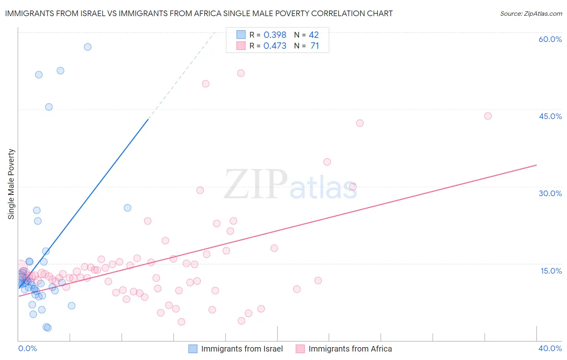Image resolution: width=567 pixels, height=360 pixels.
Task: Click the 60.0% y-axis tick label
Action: click(550, 39)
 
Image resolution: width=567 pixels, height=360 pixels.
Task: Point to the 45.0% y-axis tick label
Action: click(550, 116)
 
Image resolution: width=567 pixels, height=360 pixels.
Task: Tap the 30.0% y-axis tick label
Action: click(550, 193)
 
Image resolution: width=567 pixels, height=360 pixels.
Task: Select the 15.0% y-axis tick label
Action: click(551, 271)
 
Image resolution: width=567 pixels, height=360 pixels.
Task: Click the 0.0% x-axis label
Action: click(27, 348)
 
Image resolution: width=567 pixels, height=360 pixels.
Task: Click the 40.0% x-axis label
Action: click(550, 348)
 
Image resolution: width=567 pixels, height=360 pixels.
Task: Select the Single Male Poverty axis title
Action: click(11, 184)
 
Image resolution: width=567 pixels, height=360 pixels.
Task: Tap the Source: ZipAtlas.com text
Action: click(531, 13)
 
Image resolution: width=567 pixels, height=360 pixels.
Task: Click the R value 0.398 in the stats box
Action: click(275, 35)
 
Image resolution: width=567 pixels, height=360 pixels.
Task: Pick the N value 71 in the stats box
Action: click(315, 46)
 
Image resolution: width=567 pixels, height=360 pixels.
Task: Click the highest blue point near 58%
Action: click(88, 47)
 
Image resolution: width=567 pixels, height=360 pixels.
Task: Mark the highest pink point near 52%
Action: click(241, 73)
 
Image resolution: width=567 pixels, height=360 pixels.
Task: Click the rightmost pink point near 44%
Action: click(488, 116)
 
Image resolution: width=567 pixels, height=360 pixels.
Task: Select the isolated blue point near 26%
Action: click(127, 208)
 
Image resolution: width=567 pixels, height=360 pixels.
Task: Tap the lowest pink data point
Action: click(181, 322)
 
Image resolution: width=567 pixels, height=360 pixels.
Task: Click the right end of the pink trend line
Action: click(536, 165)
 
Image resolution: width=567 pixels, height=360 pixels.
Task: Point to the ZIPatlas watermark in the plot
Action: click(290, 185)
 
